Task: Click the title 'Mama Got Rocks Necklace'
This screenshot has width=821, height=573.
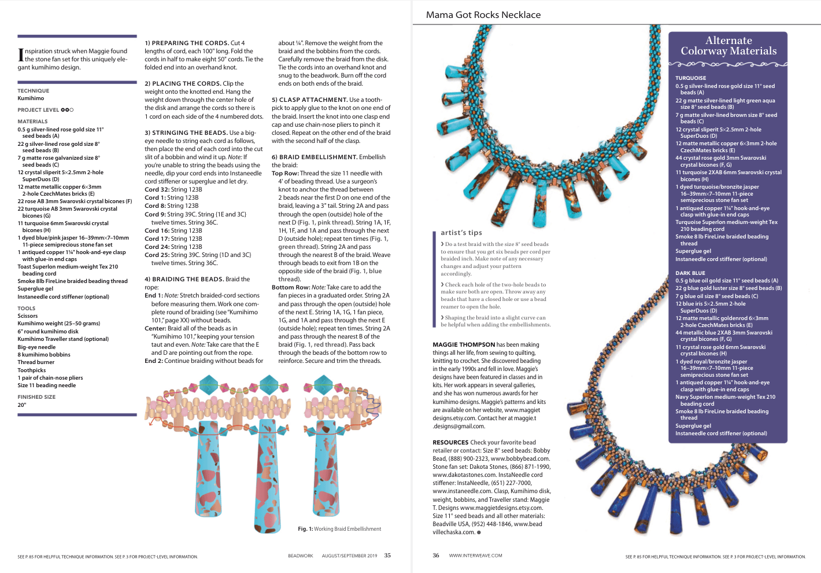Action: [483, 15]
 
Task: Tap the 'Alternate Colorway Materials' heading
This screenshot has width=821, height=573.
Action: [728, 46]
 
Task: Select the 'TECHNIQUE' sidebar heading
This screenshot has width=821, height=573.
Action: [34, 91]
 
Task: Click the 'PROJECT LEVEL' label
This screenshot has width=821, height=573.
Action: [38, 110]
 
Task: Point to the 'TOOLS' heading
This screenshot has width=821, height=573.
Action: [27, 308]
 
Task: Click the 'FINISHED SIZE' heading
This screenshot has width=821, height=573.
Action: [36, 397]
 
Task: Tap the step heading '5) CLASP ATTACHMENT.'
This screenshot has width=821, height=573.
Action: [309, 100]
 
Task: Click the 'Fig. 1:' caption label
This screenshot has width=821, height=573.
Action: [305, 529]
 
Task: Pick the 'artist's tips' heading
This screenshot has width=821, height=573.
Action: [461, 233]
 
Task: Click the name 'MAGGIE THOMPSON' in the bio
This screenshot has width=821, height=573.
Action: [464, 344]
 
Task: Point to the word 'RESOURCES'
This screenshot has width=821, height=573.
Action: [450, 442]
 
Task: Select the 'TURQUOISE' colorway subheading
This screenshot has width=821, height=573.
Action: [690, 78]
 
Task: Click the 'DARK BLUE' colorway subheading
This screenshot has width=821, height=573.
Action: [690, 273]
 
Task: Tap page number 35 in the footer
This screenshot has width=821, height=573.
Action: [387, 556]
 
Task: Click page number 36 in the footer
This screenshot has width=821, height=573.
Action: [436, 556]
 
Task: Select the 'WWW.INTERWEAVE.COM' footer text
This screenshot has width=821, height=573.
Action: [475, 556]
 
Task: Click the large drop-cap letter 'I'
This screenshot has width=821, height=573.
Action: [21, 55]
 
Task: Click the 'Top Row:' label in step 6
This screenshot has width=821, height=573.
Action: [285, 173]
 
